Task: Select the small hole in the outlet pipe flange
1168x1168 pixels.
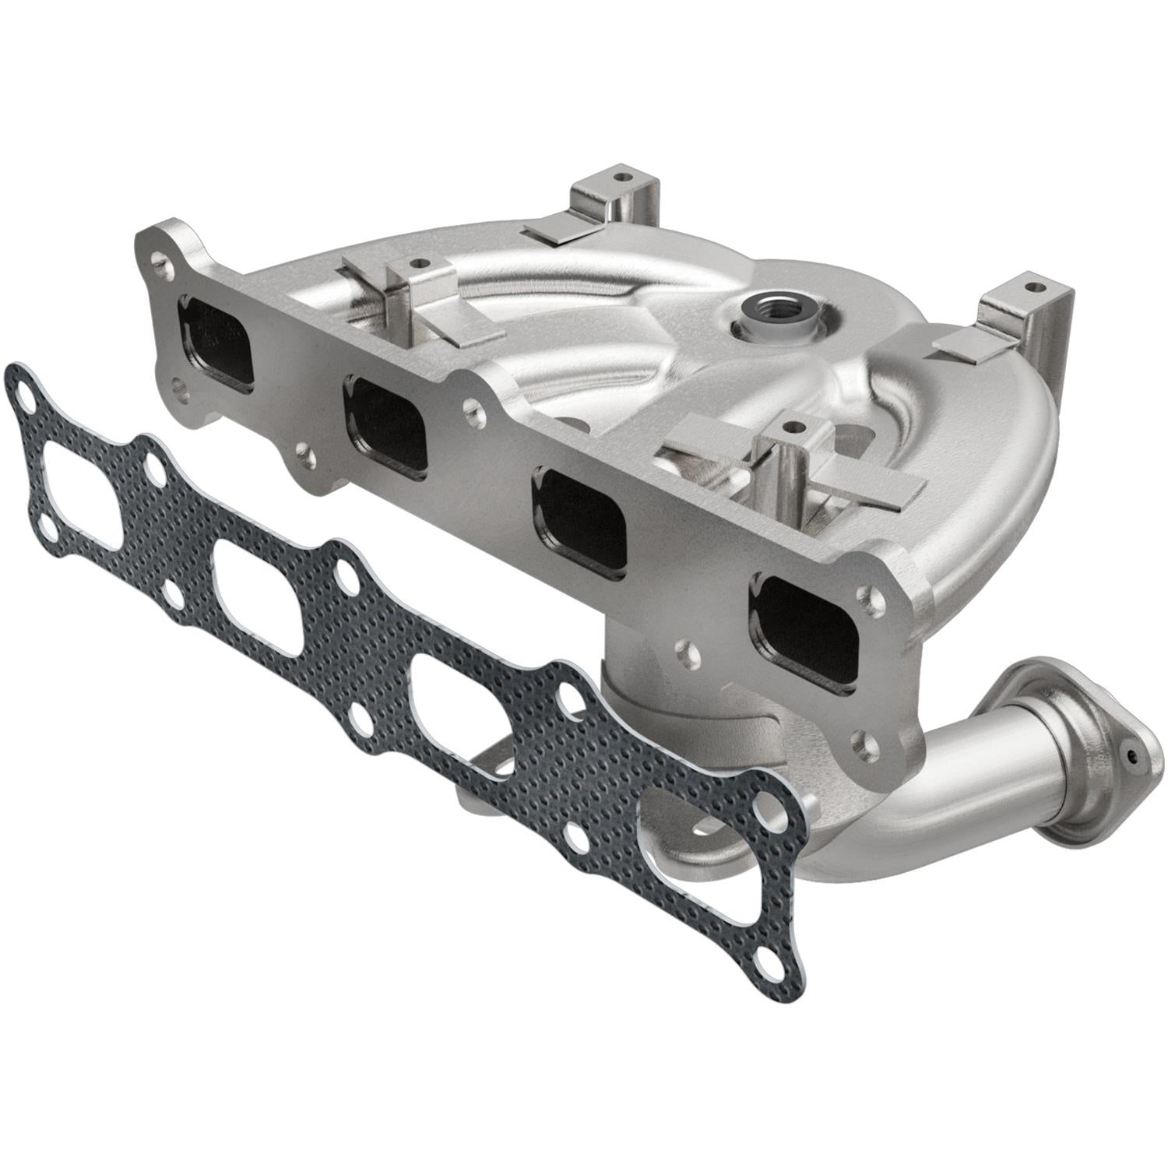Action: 1131,755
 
